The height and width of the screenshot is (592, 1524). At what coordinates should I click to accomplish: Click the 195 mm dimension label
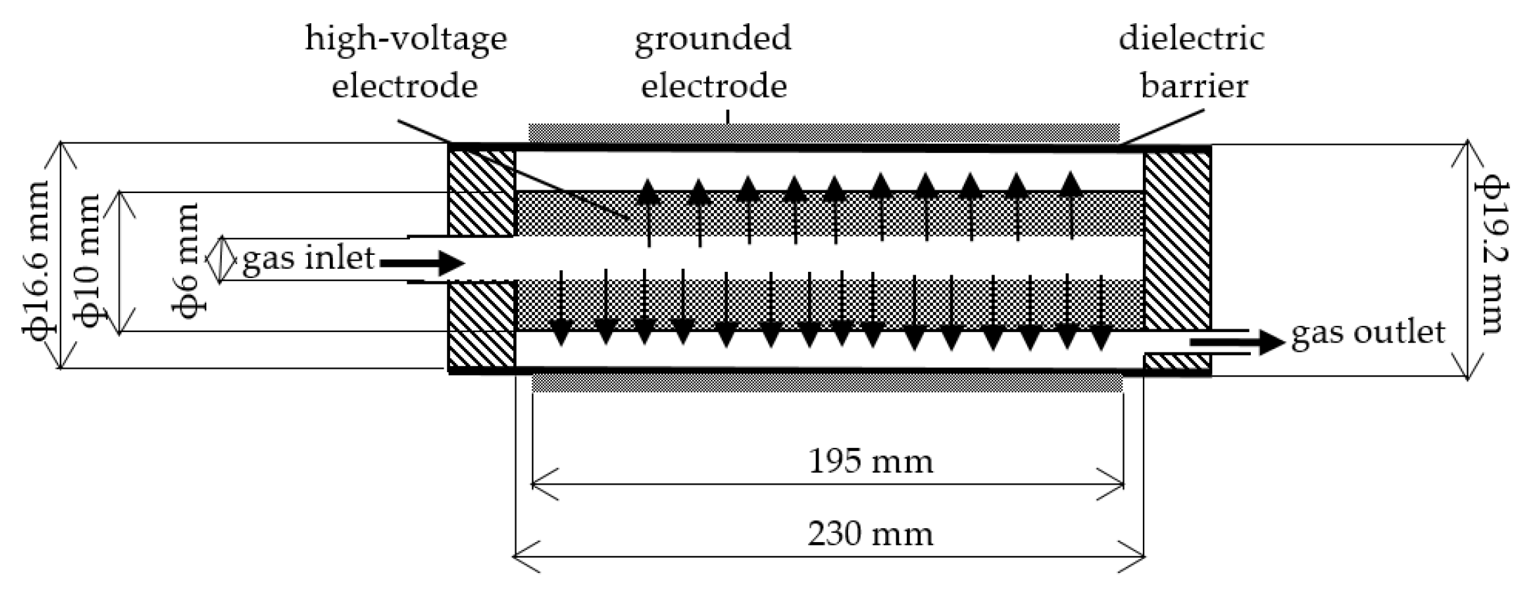(870, 462)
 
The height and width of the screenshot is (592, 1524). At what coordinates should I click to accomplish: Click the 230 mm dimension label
(870, 534)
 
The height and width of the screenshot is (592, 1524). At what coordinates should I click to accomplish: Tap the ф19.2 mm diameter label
(1491, 257)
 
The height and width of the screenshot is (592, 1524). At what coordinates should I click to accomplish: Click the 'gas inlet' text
(308, 258)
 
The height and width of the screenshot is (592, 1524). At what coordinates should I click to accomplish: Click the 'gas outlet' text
(1368, 332)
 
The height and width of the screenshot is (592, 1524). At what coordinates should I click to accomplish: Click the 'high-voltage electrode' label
(405, 62)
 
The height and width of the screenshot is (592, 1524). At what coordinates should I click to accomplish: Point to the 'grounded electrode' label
(713, 62)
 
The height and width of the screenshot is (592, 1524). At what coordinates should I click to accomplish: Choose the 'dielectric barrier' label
(1191, 62)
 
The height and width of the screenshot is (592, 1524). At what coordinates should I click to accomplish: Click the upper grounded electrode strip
(823, 132)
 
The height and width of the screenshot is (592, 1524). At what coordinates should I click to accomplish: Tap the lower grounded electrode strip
(827, 383)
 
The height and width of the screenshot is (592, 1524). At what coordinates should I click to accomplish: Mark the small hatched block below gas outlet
(1177, 362)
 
